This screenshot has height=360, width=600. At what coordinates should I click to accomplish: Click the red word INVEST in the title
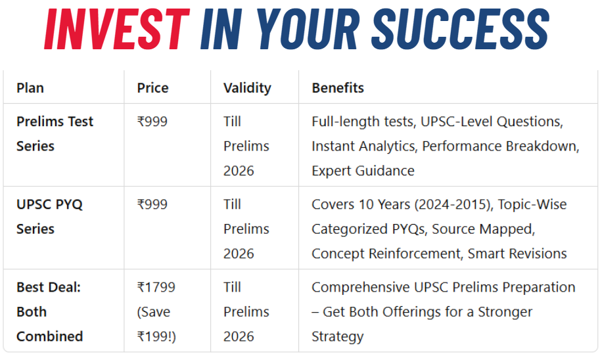click(117, 30)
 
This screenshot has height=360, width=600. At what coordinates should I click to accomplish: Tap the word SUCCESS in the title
click(460, 30)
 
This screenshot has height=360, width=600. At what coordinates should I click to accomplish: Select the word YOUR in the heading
click(308, 30)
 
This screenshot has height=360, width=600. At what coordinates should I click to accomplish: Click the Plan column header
click(30, 88)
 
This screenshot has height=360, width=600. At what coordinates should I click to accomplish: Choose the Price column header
click(152, 88)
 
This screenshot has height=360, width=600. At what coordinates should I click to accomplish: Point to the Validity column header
click(247, 89)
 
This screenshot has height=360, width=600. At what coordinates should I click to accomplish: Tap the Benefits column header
click(338, 88)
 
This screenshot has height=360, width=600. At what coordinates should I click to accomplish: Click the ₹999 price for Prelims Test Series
click(152, 122)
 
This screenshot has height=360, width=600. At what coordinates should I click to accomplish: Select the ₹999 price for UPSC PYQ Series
click(152, 204)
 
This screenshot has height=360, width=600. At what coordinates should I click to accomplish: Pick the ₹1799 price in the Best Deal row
click(156, 287)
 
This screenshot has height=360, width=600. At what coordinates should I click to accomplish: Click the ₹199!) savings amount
click(156, 336)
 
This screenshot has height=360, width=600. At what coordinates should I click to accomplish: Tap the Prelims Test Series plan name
click(55, 134)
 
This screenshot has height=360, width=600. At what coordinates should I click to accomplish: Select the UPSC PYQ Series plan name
click(49, 217)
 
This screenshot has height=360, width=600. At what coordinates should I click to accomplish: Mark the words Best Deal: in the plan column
click(49, 287)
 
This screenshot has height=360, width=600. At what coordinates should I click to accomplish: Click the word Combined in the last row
click(50, 336)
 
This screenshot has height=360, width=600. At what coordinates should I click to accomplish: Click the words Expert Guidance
click(363, 171)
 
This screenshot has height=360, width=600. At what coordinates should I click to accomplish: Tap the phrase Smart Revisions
click(517, 254)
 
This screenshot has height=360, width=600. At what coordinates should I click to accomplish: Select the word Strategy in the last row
click(338, 337)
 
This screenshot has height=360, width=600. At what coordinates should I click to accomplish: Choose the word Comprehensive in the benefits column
click(360, 288)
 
